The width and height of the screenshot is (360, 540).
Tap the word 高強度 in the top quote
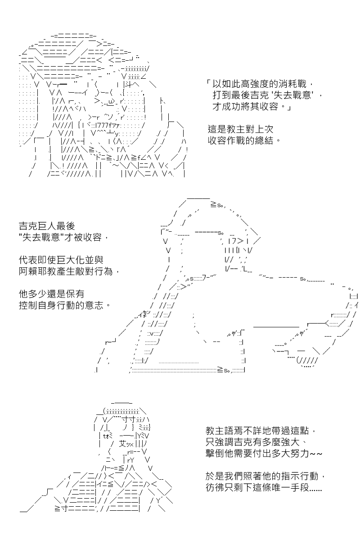(x=255, y=84)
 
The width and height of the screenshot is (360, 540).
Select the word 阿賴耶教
(x=37, y=271)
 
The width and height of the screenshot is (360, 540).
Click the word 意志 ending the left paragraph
(x=94, y=305)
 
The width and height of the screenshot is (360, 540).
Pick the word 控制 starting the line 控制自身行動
(x=28, y=305)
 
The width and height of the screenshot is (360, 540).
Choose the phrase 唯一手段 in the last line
(x=290, y=487)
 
